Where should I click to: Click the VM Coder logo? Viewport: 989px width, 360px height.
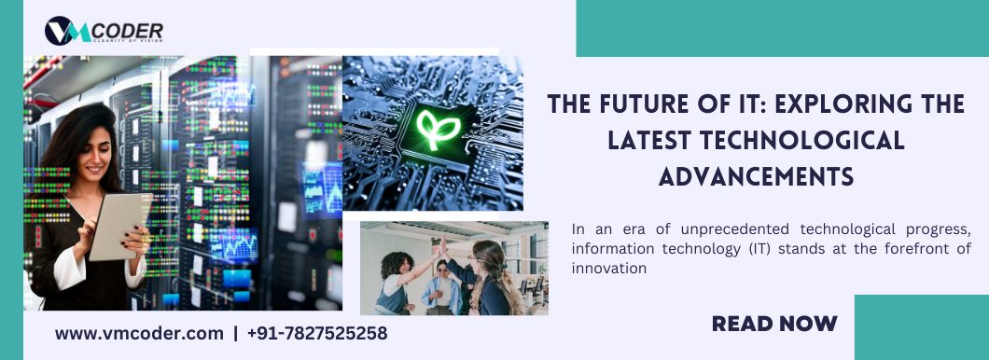click(104, 31)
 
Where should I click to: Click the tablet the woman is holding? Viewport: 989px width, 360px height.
click(118, 226)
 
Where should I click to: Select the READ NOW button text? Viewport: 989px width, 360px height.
click(774, 324)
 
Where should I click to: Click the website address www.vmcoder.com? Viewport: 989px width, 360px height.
click(139, 333)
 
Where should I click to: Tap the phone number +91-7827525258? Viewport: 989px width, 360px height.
click(317, 333)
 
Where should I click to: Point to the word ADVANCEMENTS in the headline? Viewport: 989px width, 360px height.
click(757, 176)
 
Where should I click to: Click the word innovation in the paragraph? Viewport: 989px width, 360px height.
click(609, 268)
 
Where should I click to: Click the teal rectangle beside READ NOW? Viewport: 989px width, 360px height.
click(922, 327)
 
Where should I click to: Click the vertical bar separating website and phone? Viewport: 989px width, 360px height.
click(236, 333)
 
